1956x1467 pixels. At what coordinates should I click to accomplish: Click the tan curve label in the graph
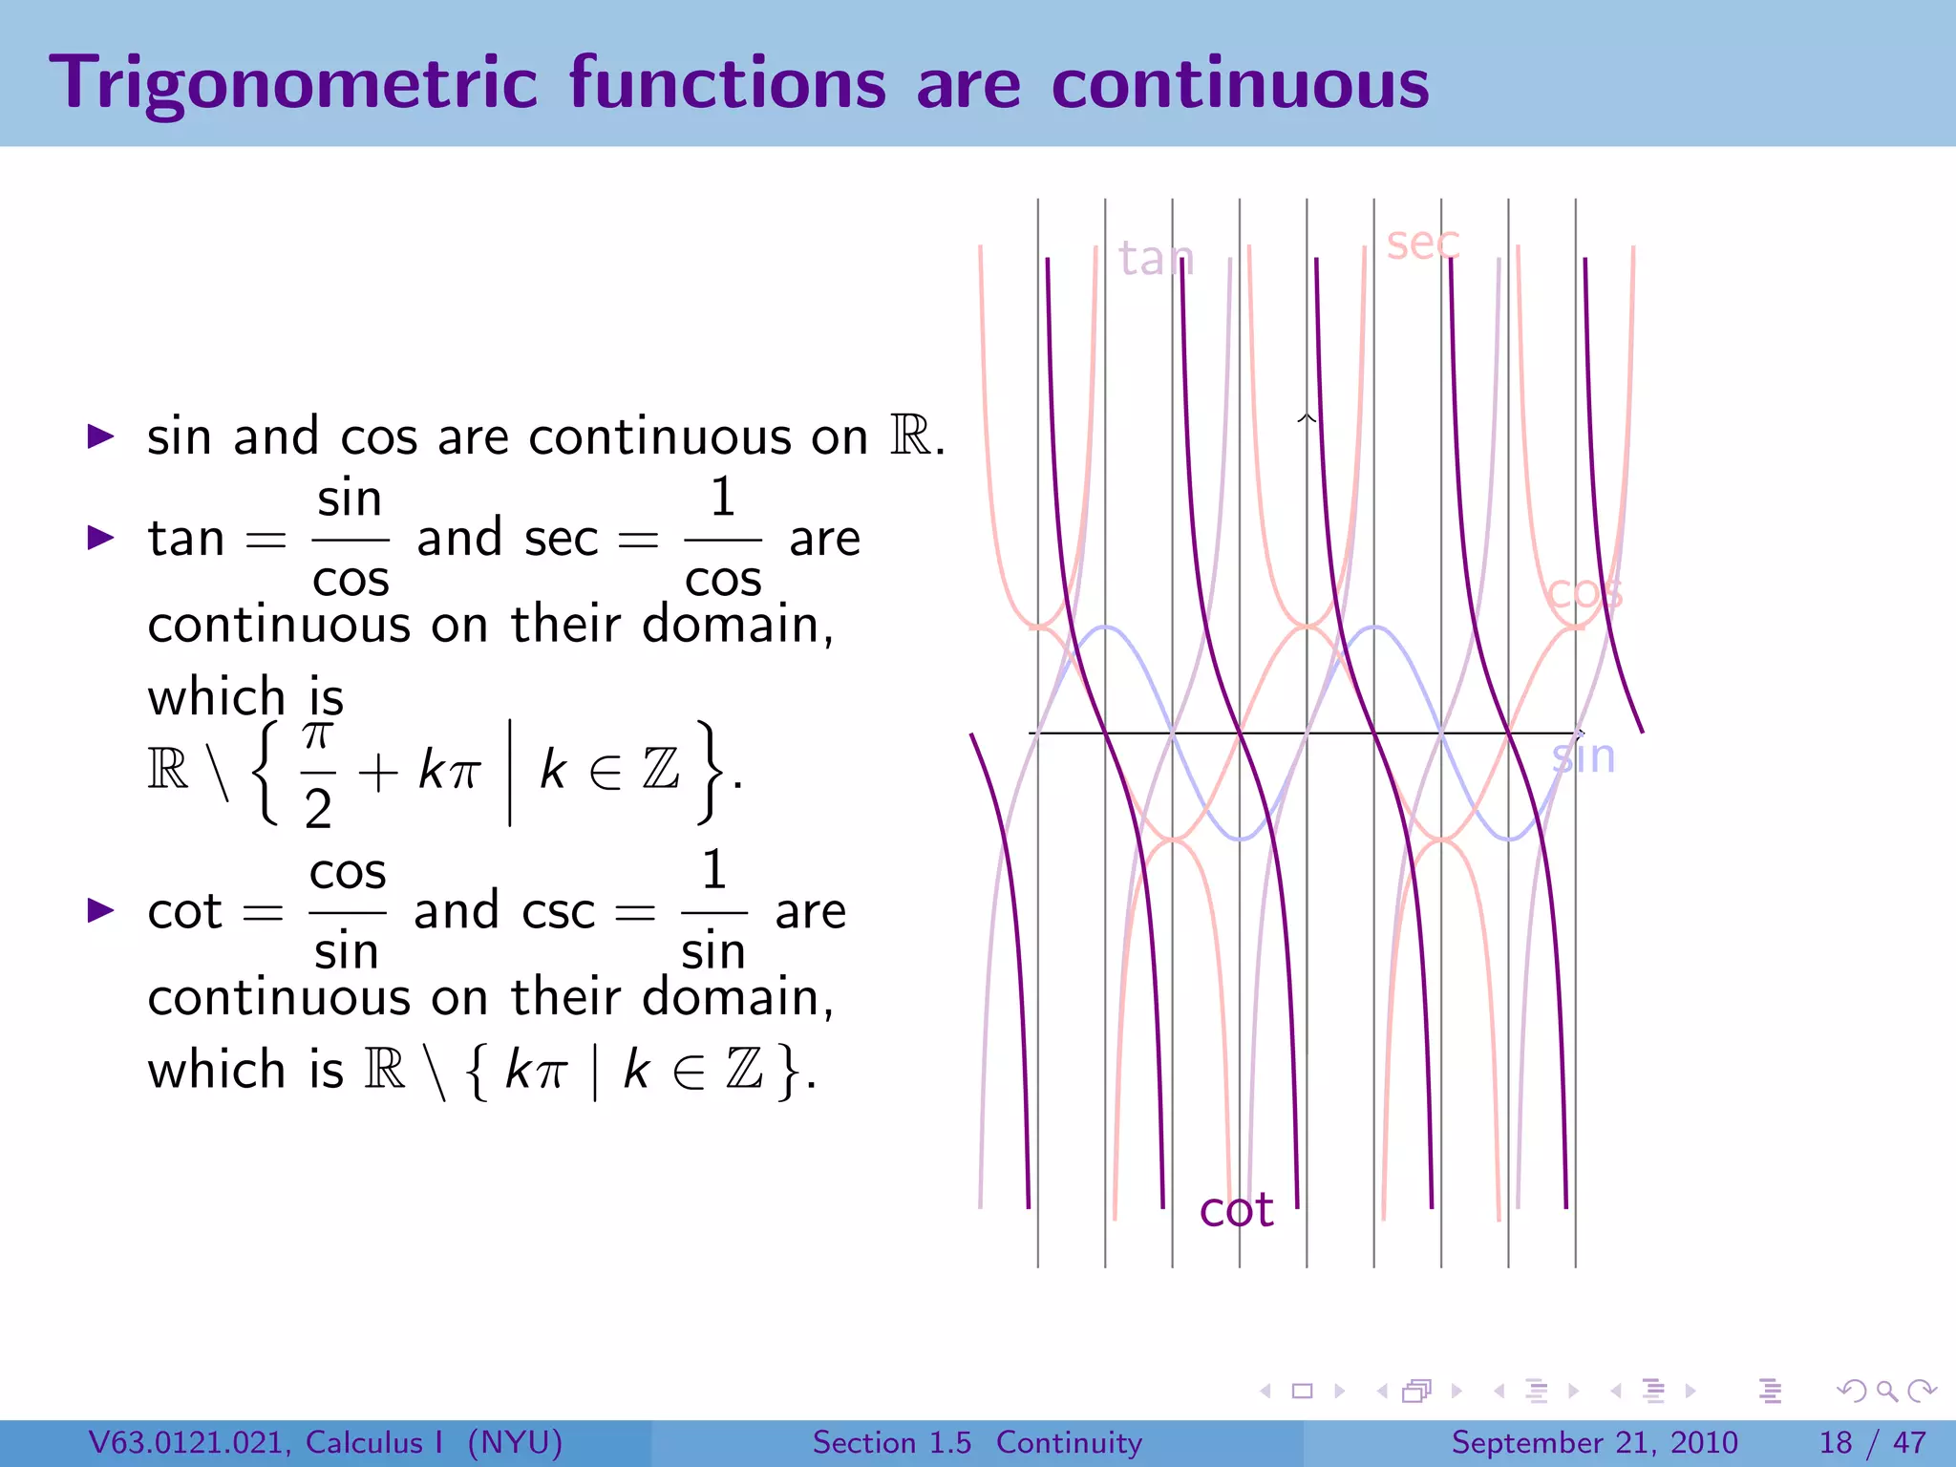1156,258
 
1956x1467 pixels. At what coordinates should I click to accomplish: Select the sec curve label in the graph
1423,243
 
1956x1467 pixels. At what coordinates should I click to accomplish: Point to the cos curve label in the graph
1584,593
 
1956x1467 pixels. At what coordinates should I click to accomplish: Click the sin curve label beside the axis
1584,756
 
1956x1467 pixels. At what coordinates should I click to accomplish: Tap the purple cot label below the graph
1236,1210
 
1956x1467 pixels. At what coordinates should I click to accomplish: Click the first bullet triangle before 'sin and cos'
100,437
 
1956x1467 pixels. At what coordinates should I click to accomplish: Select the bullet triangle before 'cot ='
100,910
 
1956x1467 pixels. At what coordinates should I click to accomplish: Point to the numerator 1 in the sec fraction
723,498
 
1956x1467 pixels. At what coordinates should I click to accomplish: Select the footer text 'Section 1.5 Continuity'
976,1442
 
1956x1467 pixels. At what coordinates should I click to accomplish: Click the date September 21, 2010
1594,1442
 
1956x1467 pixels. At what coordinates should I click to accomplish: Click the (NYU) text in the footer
515,1442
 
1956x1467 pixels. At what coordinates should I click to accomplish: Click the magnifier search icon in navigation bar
1886,1392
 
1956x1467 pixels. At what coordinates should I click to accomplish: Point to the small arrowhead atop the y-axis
1307,418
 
